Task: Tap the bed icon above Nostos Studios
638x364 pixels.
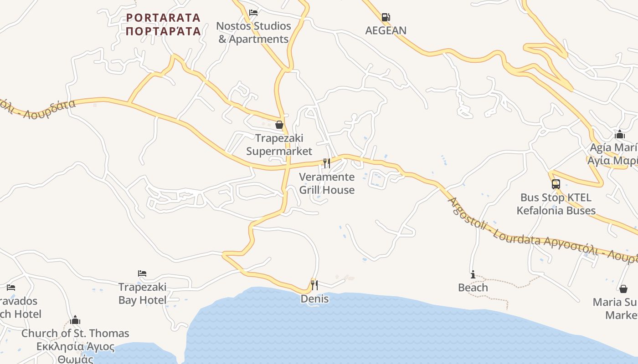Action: pyautogui.click(x=253, y=12)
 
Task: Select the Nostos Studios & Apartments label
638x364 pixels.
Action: pyautogui.click(x=253, y=33)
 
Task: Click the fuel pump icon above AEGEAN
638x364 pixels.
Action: pyautogui.click(x=386, y=17)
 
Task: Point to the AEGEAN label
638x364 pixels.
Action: pyautogui.click(x=386, y=30)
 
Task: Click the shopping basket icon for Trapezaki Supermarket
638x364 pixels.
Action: pyautogui.click(x=279, y=124)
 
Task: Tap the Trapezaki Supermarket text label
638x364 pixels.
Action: pyautogui.click(x=279, y=145)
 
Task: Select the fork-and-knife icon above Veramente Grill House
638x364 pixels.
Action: pyautogui.click(x=327, y=163)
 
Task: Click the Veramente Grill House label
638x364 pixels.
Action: pyautogui.click(x=327, y=183)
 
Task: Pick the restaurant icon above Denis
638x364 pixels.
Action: pyautogui.click(x=314, y=285)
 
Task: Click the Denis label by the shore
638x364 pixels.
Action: pyautogui.click(x=314, y=299)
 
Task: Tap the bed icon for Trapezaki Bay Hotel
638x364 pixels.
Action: pyautogui.click(x=142, y=273)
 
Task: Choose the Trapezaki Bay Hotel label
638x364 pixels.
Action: pyautogui.click(x=142, y=293)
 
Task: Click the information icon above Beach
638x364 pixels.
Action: pyautogui.click(x=473, y=274)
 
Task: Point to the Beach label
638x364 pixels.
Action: pyautogui.click(x=473, y=288)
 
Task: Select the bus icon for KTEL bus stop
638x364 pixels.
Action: pyautogui.click(x=556, y=184)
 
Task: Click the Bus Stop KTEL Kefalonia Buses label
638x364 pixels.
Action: pyautogui.click(x=556, y=204)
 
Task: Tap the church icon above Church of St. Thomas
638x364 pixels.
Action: pyautogui.click(x=76, y=320)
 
